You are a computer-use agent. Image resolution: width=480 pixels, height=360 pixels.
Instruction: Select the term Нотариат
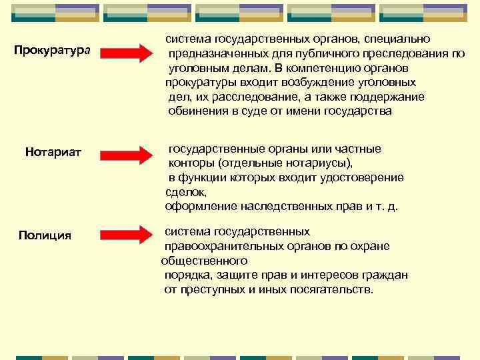point(53,153)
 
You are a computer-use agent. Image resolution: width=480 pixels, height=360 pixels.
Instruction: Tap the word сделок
point(182,191)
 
